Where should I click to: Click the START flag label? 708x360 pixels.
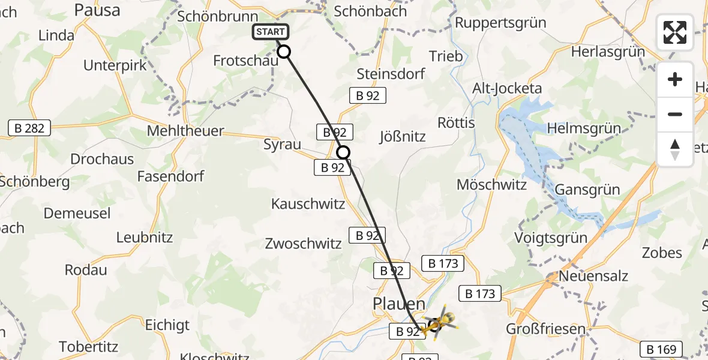coord(271,32)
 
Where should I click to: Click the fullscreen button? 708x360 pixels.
coord(675,32)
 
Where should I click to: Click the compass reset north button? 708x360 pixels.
coord(675,149)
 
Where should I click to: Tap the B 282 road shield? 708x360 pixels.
coord(29,127)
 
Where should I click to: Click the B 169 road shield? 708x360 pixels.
coord(661,349)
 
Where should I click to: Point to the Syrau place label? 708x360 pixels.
coord(282,144)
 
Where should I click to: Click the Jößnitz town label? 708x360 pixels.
coord(403,136)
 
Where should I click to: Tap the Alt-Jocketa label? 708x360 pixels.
coord(507,89)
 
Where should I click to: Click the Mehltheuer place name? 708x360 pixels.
coord(185,131)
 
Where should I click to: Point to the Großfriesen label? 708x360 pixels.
coord(545,329)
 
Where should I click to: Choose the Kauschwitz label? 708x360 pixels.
coord(308,204)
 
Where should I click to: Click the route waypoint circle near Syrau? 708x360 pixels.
coord(343,152)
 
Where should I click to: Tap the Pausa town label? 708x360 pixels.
coord(97,10)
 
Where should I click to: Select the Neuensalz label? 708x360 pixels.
coord(593,276)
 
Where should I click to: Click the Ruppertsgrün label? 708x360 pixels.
coord(501,23)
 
